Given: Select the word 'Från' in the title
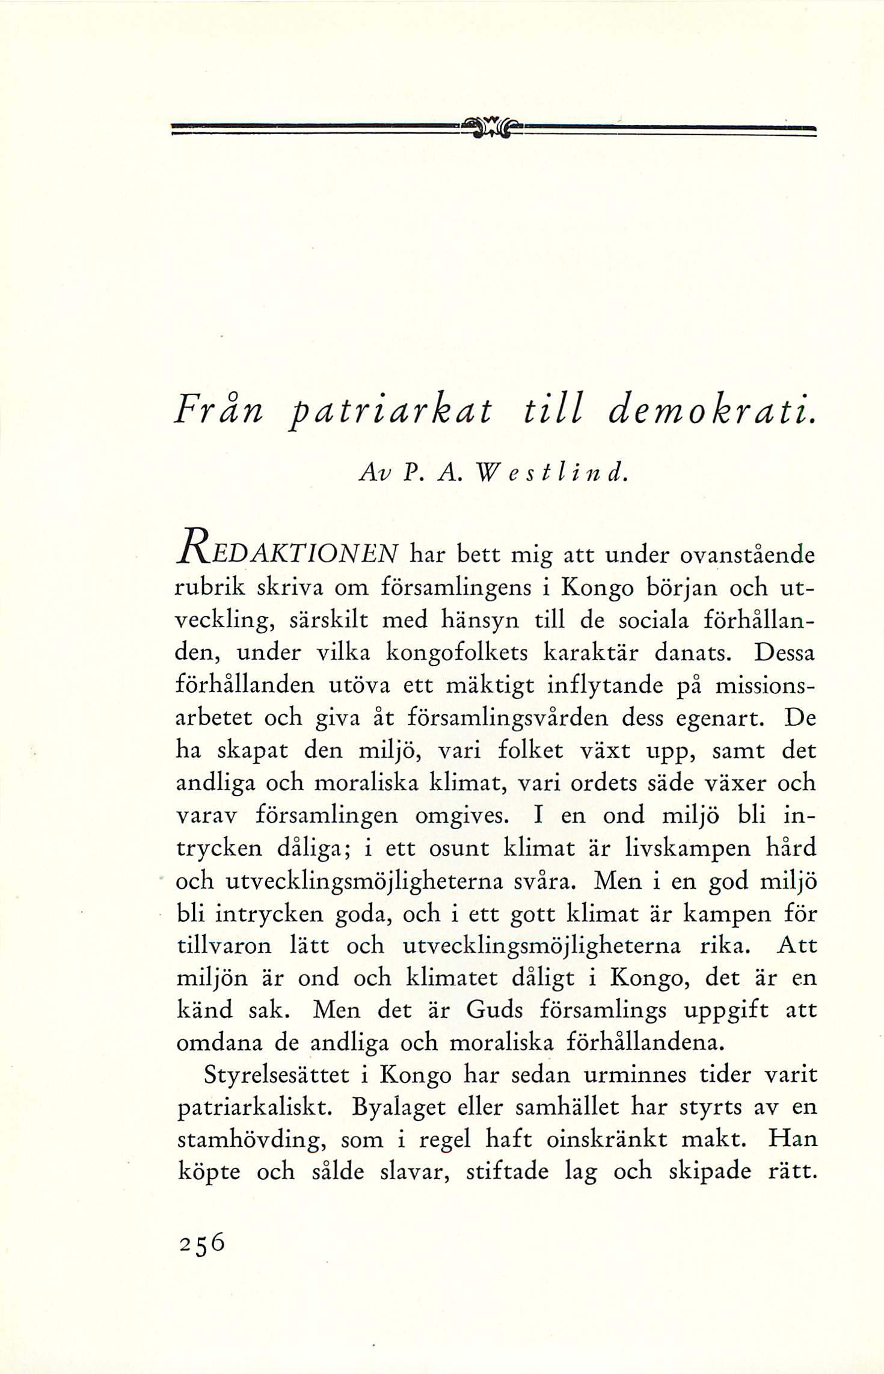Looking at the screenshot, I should (x=219, y=413).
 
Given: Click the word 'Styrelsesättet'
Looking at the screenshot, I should (x=277, y=1075).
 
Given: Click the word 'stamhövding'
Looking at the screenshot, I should (x=253, y=1140).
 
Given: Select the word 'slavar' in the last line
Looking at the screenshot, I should (x=417, y=1172).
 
